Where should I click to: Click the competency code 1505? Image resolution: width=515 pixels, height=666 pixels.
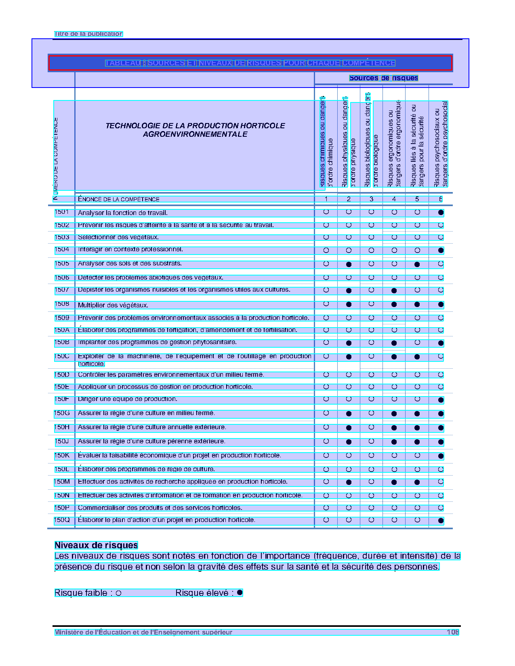tap(62, 264)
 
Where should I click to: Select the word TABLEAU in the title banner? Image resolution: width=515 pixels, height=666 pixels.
tap(123, 63)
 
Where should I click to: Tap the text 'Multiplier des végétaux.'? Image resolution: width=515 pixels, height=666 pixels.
tap(113, 305)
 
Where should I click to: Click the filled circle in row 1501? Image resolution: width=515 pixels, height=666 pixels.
tap(441, 212)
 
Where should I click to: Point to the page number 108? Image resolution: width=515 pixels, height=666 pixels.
tap(452, 632)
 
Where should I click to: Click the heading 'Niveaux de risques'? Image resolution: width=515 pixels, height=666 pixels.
tap(96, 545)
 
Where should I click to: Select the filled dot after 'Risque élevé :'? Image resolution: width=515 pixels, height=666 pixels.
tap(240, 593)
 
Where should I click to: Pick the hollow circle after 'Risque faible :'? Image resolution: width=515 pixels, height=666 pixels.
tap(118, 593)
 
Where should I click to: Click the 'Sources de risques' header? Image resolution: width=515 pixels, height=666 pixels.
tap(383, 78)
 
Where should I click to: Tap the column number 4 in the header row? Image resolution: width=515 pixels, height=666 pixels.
tap(394, 199)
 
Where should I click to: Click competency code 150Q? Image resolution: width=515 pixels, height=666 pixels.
tap(62, 520)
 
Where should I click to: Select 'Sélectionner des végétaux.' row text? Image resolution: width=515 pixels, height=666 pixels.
tap(118, 237)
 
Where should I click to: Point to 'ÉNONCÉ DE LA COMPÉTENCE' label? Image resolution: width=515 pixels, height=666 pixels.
tap(119, 199)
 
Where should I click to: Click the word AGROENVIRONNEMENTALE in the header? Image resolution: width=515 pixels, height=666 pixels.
tap(195, 134)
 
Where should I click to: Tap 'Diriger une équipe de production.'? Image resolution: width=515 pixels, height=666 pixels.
tap(127, 399)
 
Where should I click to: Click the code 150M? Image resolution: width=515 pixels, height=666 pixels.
tap(62, 482)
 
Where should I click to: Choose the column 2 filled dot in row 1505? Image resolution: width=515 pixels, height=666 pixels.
tap(349, 265)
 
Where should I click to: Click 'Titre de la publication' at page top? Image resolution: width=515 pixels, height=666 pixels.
tap(88, 34)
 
